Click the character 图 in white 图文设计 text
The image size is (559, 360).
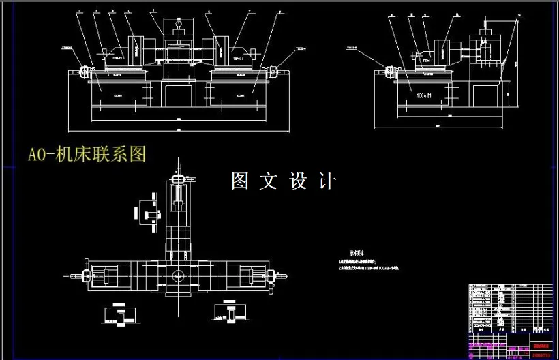pos(240,181)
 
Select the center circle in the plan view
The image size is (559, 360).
pos(179,276)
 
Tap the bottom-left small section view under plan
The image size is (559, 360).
pos(121,315)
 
